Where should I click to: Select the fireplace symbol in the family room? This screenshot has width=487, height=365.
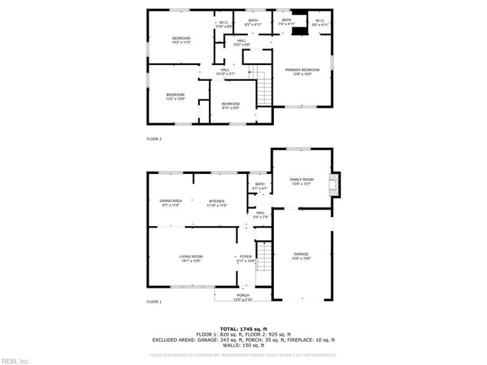point(333,184)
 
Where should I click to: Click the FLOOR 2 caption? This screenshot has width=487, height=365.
point(154,139)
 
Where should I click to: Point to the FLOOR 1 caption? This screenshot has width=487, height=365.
point(154,302)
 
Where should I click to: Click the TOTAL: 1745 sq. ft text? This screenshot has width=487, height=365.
point(243,328)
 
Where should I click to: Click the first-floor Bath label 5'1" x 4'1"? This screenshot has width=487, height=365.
point(260,186)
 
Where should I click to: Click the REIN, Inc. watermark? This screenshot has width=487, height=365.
point(15,361)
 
